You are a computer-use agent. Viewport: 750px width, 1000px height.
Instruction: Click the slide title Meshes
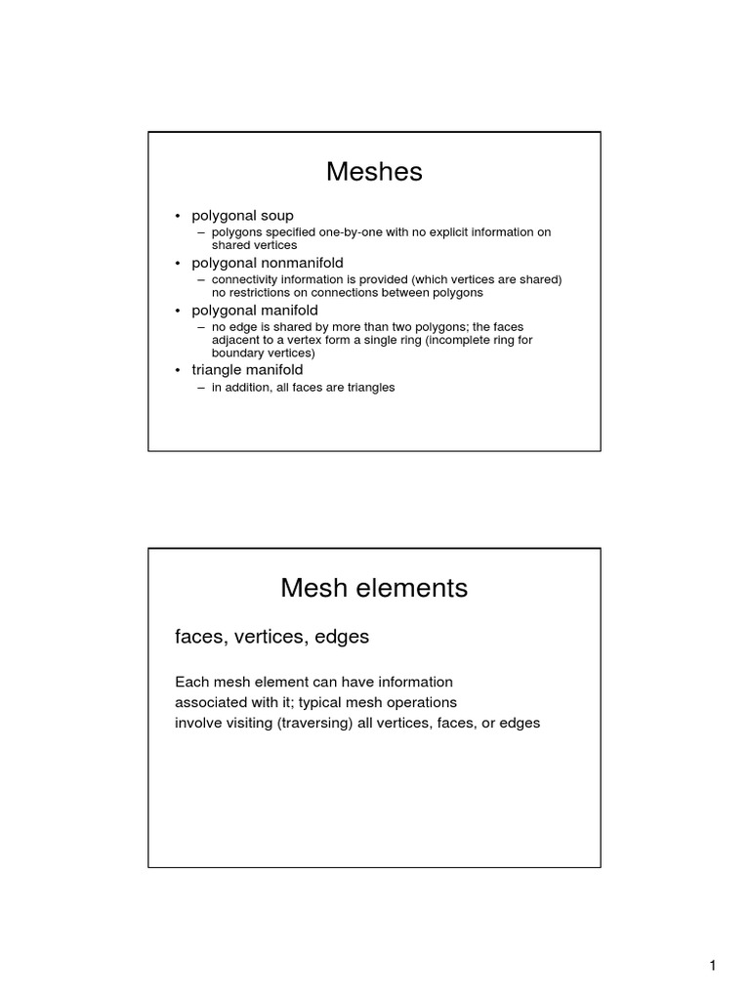pyautogui.click(x=374, y=172)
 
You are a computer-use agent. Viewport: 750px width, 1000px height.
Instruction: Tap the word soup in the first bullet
pyautogui.click(x=274, y=215)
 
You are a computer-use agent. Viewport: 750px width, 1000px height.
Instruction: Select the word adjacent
pyautogui.click(x=237, y=340)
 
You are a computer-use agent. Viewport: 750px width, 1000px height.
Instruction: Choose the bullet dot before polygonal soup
pyautogui.click(x=178, y=216)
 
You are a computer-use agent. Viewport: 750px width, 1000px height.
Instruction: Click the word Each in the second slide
pyautogui.click(x=189, y=682)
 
